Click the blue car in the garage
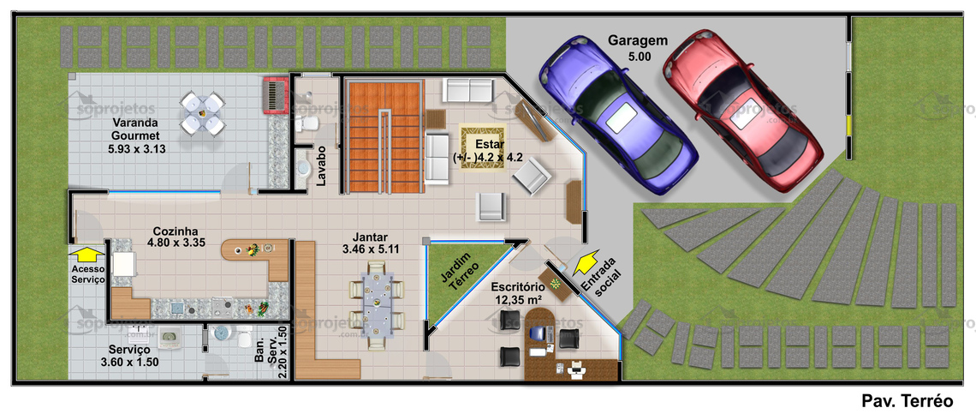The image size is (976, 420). click(618, 116)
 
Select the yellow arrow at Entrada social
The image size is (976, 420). click(585, 261)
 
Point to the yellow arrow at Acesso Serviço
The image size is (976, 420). click(87, 253)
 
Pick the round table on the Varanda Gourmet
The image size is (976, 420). click(202, 113)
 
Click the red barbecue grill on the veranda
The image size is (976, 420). click(276, 95)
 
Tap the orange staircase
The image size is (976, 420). click(384, 137)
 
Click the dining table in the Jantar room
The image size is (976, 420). click(378, 306)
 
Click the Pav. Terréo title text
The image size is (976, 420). click(908, 401)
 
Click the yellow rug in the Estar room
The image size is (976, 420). click(482, 147)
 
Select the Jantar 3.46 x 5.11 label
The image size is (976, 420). click(370, 243)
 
